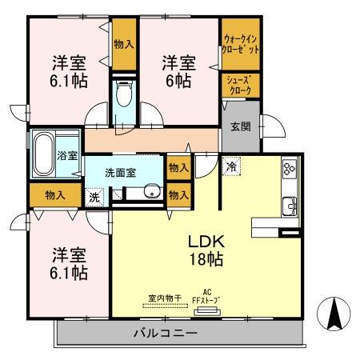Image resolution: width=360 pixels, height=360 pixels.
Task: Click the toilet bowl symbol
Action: pyautogui.click(x=124, y=94)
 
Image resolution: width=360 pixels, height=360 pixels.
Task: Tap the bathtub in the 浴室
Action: pyautogui.click(x=44, y=154)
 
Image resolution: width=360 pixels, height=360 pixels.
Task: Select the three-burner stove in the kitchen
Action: pyautogui.click(x=290, y=169)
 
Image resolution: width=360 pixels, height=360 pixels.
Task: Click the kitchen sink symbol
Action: pyautogui.click(x=290, y=206)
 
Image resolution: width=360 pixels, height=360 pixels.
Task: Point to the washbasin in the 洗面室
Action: pyautogui.click(x=153, y=191)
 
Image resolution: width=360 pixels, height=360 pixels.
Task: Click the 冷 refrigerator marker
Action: pyautogui.click(x=231, y=166)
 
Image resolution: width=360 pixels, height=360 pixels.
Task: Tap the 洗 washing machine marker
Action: pyautogui.click(x=94, y=197)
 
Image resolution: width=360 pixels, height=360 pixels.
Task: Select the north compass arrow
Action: pyautogui.click(x=334, y=314)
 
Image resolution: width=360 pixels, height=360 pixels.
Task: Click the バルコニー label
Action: pyautogui.click(x=166, y=333)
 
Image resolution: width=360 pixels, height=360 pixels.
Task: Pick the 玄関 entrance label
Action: pyautogui.click(x=241, y=126)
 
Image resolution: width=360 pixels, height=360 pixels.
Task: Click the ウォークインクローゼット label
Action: pyautogui.click(x=241, y=45)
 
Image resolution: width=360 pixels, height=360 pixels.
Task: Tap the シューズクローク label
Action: pyautogui.click(x=239, y=86)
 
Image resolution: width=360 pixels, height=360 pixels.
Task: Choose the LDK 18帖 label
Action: pyautogui.click(x=206, y=250)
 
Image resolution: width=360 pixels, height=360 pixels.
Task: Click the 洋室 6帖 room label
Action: pyautogui.click(x=179, y=71)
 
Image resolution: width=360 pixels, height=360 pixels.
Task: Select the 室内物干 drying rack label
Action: pyautogui.click(x=165, y=298)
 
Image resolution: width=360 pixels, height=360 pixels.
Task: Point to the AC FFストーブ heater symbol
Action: pyautogui.click(x=207, y=311)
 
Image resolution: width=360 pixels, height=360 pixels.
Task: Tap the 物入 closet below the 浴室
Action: pyautogui.click(x=55, y=195)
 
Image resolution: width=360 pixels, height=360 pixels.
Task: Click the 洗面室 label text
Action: pyautogui.click(x=121, y=173)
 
